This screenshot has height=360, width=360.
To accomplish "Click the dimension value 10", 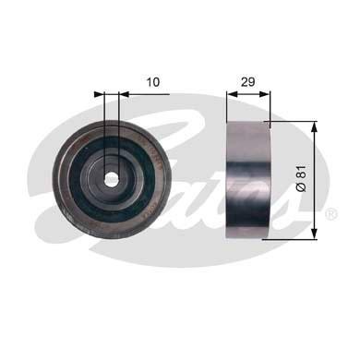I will tap(153, 82).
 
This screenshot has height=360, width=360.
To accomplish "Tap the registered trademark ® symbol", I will tap(330, 213).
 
